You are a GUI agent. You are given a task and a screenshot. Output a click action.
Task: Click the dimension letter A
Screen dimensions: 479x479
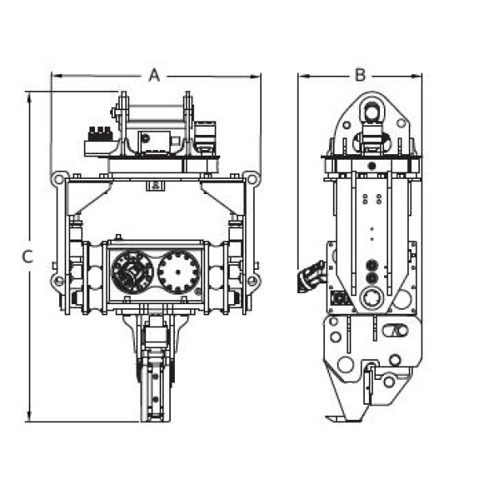[x=154, y=75]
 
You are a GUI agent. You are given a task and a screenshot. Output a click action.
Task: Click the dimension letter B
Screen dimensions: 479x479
[x=361, y=75]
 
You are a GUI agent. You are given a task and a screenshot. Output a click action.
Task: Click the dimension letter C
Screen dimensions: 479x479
[x=28, y=256]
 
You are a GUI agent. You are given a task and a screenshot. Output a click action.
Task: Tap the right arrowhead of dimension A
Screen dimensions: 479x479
[x=255, y=77]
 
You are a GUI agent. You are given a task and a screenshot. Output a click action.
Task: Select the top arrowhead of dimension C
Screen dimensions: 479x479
[x=29, y=98]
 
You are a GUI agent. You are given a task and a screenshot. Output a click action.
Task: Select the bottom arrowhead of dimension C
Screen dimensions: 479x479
[x=30, y=415]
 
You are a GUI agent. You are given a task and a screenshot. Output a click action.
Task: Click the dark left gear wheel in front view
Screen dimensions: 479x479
[x=133, y=272]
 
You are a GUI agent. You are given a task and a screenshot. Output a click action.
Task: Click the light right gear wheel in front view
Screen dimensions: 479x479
[x=178, y=272]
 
